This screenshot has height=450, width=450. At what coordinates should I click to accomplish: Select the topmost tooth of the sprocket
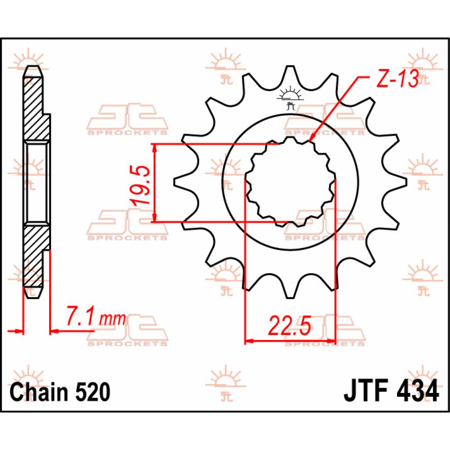point(290,76)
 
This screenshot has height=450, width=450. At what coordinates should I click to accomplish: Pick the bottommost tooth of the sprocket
point(290,288)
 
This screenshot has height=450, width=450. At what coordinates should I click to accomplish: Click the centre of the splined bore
point(290,182)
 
